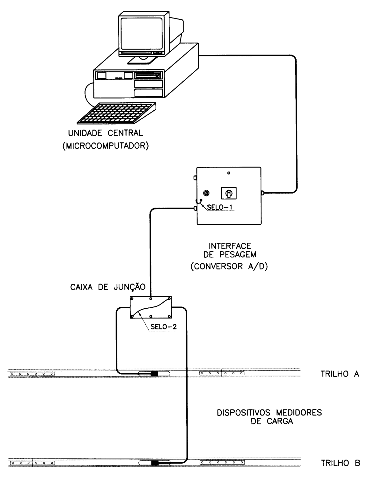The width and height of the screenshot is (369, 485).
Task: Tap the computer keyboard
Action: tap(117, 114)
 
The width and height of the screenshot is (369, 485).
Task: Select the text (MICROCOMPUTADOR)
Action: tap(106, 146)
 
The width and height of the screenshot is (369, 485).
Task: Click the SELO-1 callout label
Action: tap(218, 207)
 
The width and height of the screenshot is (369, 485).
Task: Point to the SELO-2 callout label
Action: tap(164, 327)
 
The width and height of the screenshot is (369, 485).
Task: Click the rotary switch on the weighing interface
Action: tap(229, 193)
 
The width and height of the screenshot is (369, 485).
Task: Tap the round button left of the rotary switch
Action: tap(206, 193)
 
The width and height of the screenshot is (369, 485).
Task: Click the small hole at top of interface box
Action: tap(229, 173)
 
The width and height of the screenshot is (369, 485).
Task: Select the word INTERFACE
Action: tap(230, 246)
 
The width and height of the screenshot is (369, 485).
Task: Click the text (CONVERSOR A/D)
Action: tap(229, 266)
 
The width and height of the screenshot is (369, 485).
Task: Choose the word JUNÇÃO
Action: tap(129, 287)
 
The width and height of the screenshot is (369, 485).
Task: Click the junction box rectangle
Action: tap(151, 307)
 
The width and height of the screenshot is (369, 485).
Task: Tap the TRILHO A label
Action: tap(340, 374)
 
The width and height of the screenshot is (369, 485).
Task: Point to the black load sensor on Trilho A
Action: tap(154, 374)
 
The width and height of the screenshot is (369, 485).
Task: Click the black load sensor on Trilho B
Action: tap(155, 463)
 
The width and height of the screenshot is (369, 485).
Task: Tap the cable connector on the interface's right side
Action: tap(262, 193)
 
